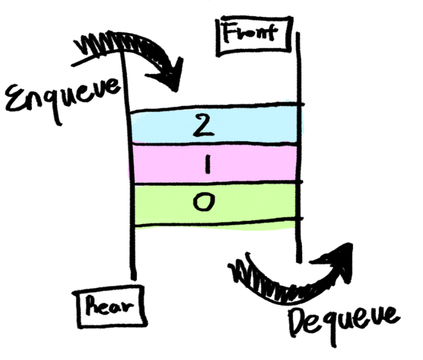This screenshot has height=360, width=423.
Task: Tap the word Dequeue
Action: tap(344, 319)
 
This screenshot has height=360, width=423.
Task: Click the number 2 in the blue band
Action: tap(201, 126)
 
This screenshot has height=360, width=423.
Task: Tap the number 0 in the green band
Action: tap(204, 202)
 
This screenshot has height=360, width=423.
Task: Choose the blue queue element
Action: tap(249, 126)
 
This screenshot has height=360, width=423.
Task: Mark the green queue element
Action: tap(249, 202)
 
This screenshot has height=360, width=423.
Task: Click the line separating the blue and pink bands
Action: tap(217, 144)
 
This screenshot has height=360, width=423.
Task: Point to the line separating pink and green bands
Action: tap(217, 182)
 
